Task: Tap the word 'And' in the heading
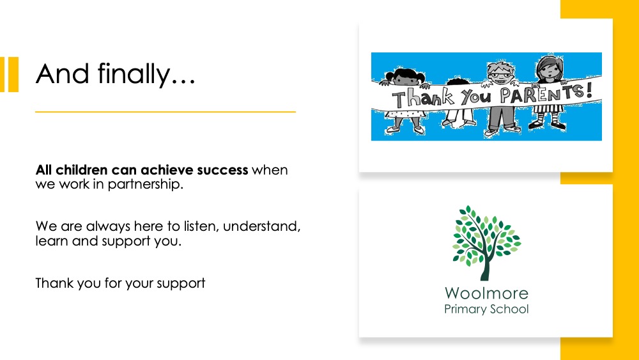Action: tap(63, 74)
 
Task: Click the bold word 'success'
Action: tap(222, 169)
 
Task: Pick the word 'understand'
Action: tap(261, 226)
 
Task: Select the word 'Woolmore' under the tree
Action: tap(486, 293)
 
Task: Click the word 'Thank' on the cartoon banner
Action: tap(423, 98)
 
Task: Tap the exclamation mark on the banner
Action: tap(589, 90)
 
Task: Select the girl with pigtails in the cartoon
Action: tap(404, 100)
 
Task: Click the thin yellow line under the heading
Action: tap(166, 111)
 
